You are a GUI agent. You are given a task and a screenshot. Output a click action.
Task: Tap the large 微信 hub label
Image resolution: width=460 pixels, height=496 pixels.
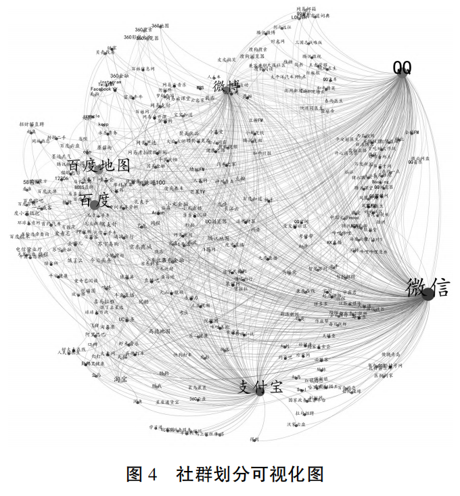click(x=428, y=288)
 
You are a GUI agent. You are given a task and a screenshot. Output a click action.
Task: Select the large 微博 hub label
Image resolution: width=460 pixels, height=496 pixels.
click(x=227, y=87)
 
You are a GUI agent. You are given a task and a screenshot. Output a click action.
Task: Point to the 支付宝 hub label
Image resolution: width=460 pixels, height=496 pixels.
click(x=258, y=387)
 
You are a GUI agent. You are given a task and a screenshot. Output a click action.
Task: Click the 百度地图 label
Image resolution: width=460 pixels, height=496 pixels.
click(x=99, y=166)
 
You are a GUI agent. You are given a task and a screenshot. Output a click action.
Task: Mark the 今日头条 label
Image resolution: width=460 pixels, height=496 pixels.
click(x=105, y=260)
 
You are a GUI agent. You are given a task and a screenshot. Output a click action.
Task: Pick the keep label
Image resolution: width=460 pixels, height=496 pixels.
click(x=103, y=125)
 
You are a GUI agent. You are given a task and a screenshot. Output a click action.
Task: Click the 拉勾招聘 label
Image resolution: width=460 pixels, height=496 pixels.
click(x=305, y=412)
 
